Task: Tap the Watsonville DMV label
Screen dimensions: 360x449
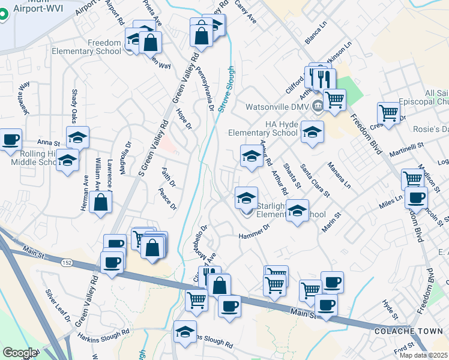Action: (x=278, y=108)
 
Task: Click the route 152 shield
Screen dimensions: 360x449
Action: (x=66, y=262)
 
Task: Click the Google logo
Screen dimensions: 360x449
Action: (x=20, y=353)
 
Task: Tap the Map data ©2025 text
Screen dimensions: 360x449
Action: (x=424, y=355)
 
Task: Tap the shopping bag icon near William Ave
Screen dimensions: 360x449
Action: (x=101, y=202)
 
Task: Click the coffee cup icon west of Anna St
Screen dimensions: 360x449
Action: (x=10, y=140)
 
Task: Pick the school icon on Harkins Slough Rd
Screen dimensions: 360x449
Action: (x=185, y=331)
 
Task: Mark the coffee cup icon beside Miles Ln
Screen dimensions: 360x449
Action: (x=415, y=197)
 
